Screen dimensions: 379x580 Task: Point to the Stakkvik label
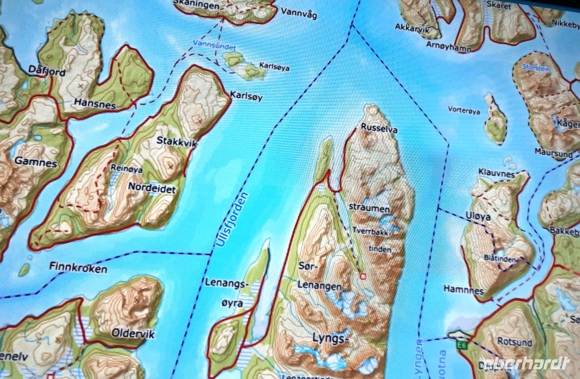click(x=177, y=142)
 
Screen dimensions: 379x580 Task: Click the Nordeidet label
click(x=152, y=188)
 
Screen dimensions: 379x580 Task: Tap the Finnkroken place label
click(x=78, y=268)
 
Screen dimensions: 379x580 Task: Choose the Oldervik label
click(x=133, y=333)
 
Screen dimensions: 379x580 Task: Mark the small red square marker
click(x=363, y=277)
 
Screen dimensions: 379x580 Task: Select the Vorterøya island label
click(x=464, y=110)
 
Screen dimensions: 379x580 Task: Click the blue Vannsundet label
click(x=220, y=47)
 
